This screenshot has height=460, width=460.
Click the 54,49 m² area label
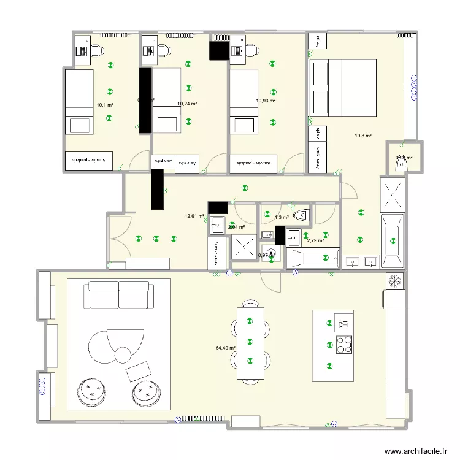pyautogui.click(x=225, y=348)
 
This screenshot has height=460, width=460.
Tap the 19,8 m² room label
pyautogui.click(x=363, y=136)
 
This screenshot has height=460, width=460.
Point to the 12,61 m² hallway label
pyautogui.click(x=194, y=216)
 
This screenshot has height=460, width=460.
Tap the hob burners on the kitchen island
pyautogui.click(x=343, y=345)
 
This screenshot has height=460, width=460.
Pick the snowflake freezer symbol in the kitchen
pyautogui.click(x=394, y=280)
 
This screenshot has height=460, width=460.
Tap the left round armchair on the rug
pyautogui.click(x=92, y=393)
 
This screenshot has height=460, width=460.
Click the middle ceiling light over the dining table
pyautogui.click(x=249, y=341)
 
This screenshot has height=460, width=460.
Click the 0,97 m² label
pyautogui.click(x=266, y=255)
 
